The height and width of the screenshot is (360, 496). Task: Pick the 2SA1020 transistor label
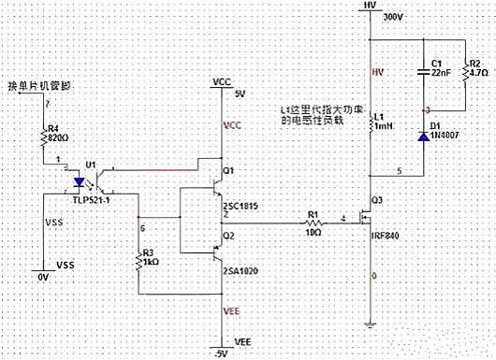tap(241, 270)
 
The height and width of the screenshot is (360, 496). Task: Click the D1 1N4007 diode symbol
tap(422, 137)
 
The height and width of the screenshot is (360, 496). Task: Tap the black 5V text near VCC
tap(240, 94)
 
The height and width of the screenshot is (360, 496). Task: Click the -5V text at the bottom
tap(222, 353)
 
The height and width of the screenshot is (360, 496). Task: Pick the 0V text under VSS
tap(41, 278)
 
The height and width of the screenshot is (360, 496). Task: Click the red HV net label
tap(378, 72)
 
